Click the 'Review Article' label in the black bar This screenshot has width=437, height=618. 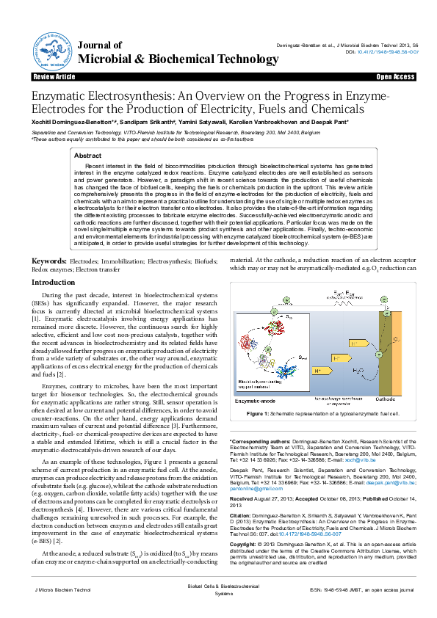point(54,76)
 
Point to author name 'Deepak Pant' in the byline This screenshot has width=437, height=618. point(328,122)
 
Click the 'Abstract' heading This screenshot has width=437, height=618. point(88,156)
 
